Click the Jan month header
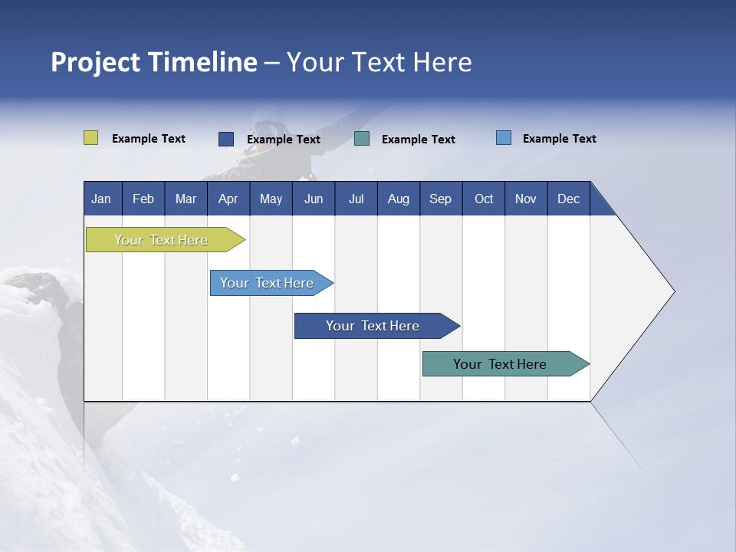[101, 199]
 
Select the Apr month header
[228, 199]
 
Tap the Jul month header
[356, 199]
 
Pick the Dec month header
[568, 199]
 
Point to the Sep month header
[440, 199]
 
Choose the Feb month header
[143, 199]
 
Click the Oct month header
[484, 199]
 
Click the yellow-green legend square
[90, 138]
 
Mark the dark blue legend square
[225, 139]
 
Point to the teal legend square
[362, 138]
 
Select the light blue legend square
[503, 138]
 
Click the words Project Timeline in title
[153, 62]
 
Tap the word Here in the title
[442, 62]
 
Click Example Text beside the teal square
[418, 140]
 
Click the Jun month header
[313, 199]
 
